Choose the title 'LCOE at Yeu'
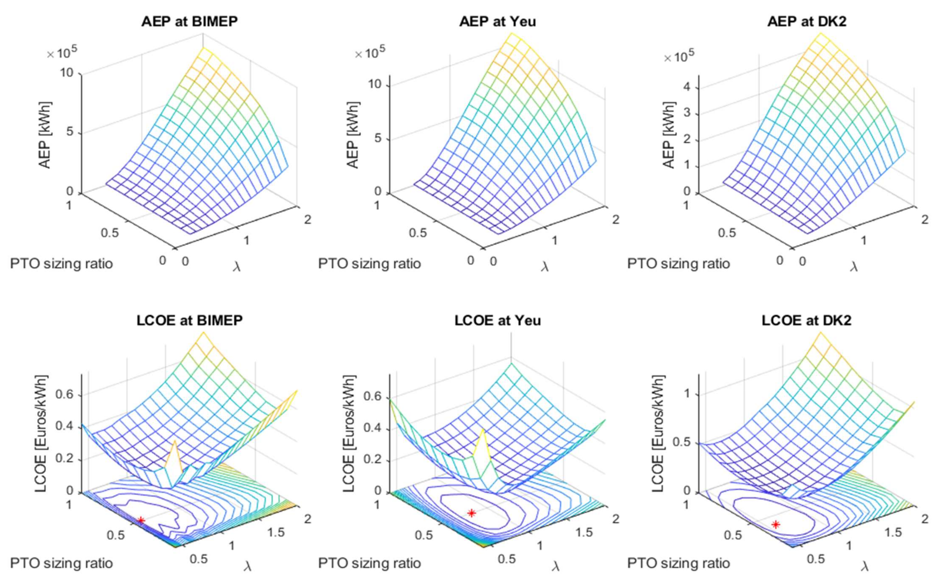pyautogui.click(x=497, y=320)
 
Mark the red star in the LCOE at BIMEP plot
pyautogui.click(x=141, y=520)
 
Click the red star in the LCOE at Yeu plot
pyautogui.click(x=471, y=513)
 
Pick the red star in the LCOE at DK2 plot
pyautogui.click(x=776, y=524)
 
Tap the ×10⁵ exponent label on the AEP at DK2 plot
pyautogui.click(x=679, y=57)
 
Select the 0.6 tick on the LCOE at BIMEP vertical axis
pyautogui.click(x=65, y=395)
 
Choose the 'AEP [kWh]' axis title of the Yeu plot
pyautogui.click(x=353, y=135)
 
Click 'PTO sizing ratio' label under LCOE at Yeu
pyautogui.click(x=369, y=563)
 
